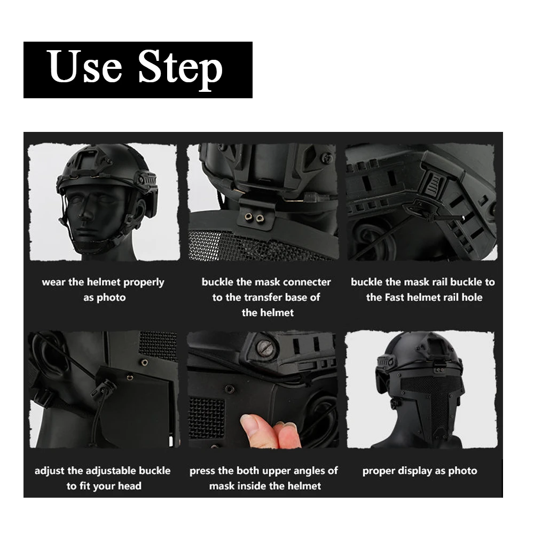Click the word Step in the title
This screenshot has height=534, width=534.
pos(180,69)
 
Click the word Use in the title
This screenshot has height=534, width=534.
pos(84,66)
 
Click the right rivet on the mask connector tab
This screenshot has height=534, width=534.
pos(260,218)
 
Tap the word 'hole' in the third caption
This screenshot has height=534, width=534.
pos(472,297)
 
